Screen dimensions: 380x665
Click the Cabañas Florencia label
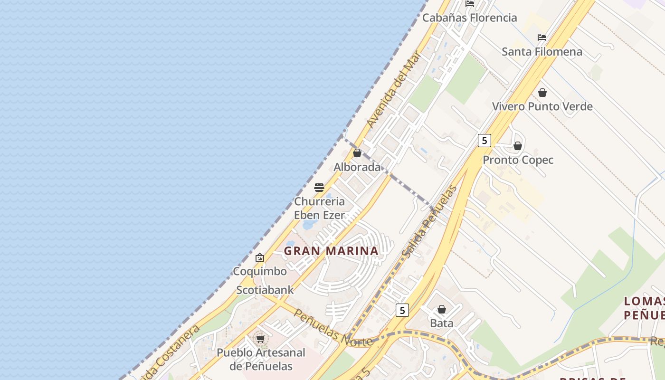(469, 18)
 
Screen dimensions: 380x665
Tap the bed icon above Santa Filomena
(541, 37)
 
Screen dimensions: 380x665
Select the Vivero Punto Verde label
(542, 106)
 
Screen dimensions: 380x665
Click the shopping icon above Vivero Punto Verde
(542, 93)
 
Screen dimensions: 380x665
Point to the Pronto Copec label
(518, 160)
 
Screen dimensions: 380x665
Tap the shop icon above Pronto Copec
(518, 146)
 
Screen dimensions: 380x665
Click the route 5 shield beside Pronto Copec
(484, 140)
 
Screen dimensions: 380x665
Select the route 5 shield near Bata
(402, 310)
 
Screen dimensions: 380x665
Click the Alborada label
(357, 167)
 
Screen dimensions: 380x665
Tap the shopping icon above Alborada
(357, 153)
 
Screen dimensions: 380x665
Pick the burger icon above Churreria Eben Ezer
(319, 187)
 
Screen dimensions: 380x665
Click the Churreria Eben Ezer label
(319, 208)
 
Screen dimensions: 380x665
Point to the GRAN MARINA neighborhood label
(331, 251)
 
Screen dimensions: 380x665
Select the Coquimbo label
(260, 271)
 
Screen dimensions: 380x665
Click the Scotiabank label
(265, 290)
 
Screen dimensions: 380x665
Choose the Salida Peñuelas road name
(429, 222)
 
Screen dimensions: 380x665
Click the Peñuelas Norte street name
(332, 328)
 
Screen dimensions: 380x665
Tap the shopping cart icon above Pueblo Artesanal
(260, 339)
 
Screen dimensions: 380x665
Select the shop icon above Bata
(442, 309)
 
